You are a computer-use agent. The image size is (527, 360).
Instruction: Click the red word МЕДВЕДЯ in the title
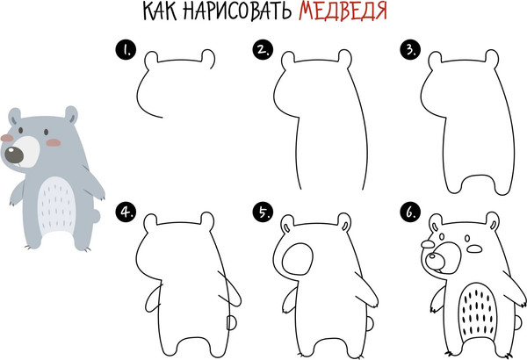(342, 12)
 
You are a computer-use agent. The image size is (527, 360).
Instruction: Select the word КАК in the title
(160, 12)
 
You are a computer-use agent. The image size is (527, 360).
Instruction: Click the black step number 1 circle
(127, 50)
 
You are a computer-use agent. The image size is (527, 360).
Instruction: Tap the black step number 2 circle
(260, 50)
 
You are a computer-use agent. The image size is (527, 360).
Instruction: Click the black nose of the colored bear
(15, 157)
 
